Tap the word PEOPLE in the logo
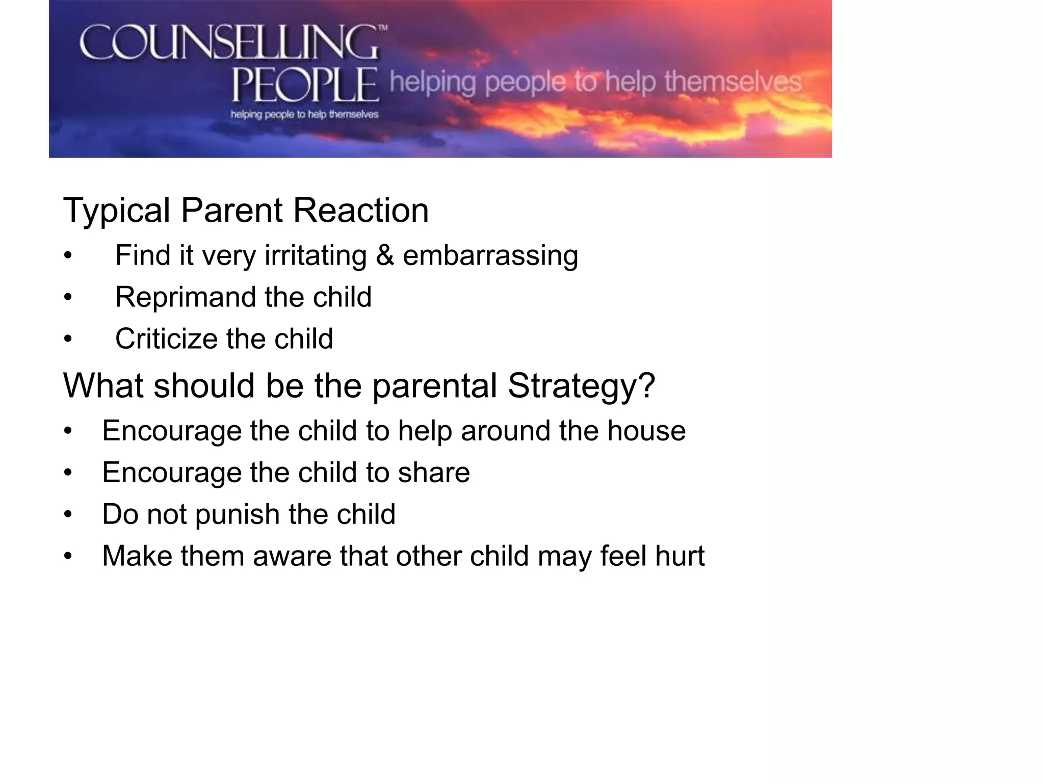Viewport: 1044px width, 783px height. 305,85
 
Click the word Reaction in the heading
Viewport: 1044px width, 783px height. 361,210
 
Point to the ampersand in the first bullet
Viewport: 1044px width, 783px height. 385,255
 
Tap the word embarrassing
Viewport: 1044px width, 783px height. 490,255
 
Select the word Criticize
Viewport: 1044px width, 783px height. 166,339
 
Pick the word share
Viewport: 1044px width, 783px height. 434,473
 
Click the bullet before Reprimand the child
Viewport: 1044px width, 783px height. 68,297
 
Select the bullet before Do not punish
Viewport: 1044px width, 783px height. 68,514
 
